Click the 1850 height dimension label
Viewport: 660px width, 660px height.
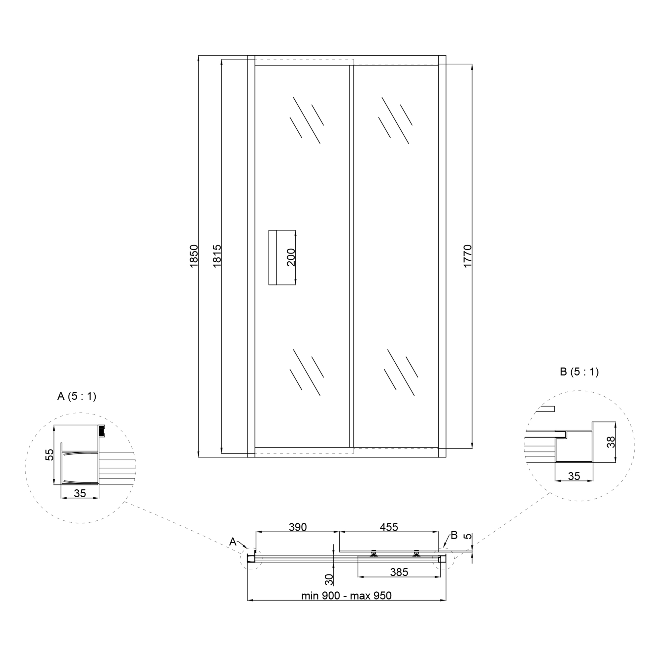click(x=194, y=256)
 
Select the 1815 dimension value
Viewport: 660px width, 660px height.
click(x=217, y=256)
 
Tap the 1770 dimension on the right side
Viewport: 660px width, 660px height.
click(x=467, y=256)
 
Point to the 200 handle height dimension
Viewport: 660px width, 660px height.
click(x=291, y=257)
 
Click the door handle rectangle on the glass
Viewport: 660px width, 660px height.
click(x=273, y=257)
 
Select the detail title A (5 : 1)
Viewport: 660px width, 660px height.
click(x=77, y=396)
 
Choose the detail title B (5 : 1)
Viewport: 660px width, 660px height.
click(x=579, y=372)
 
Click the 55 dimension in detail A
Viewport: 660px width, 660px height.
click(x=50, y=455)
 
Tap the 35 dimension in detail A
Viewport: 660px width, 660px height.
click(x=80, y=493)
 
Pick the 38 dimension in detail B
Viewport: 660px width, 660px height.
click(x=611, y=442)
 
